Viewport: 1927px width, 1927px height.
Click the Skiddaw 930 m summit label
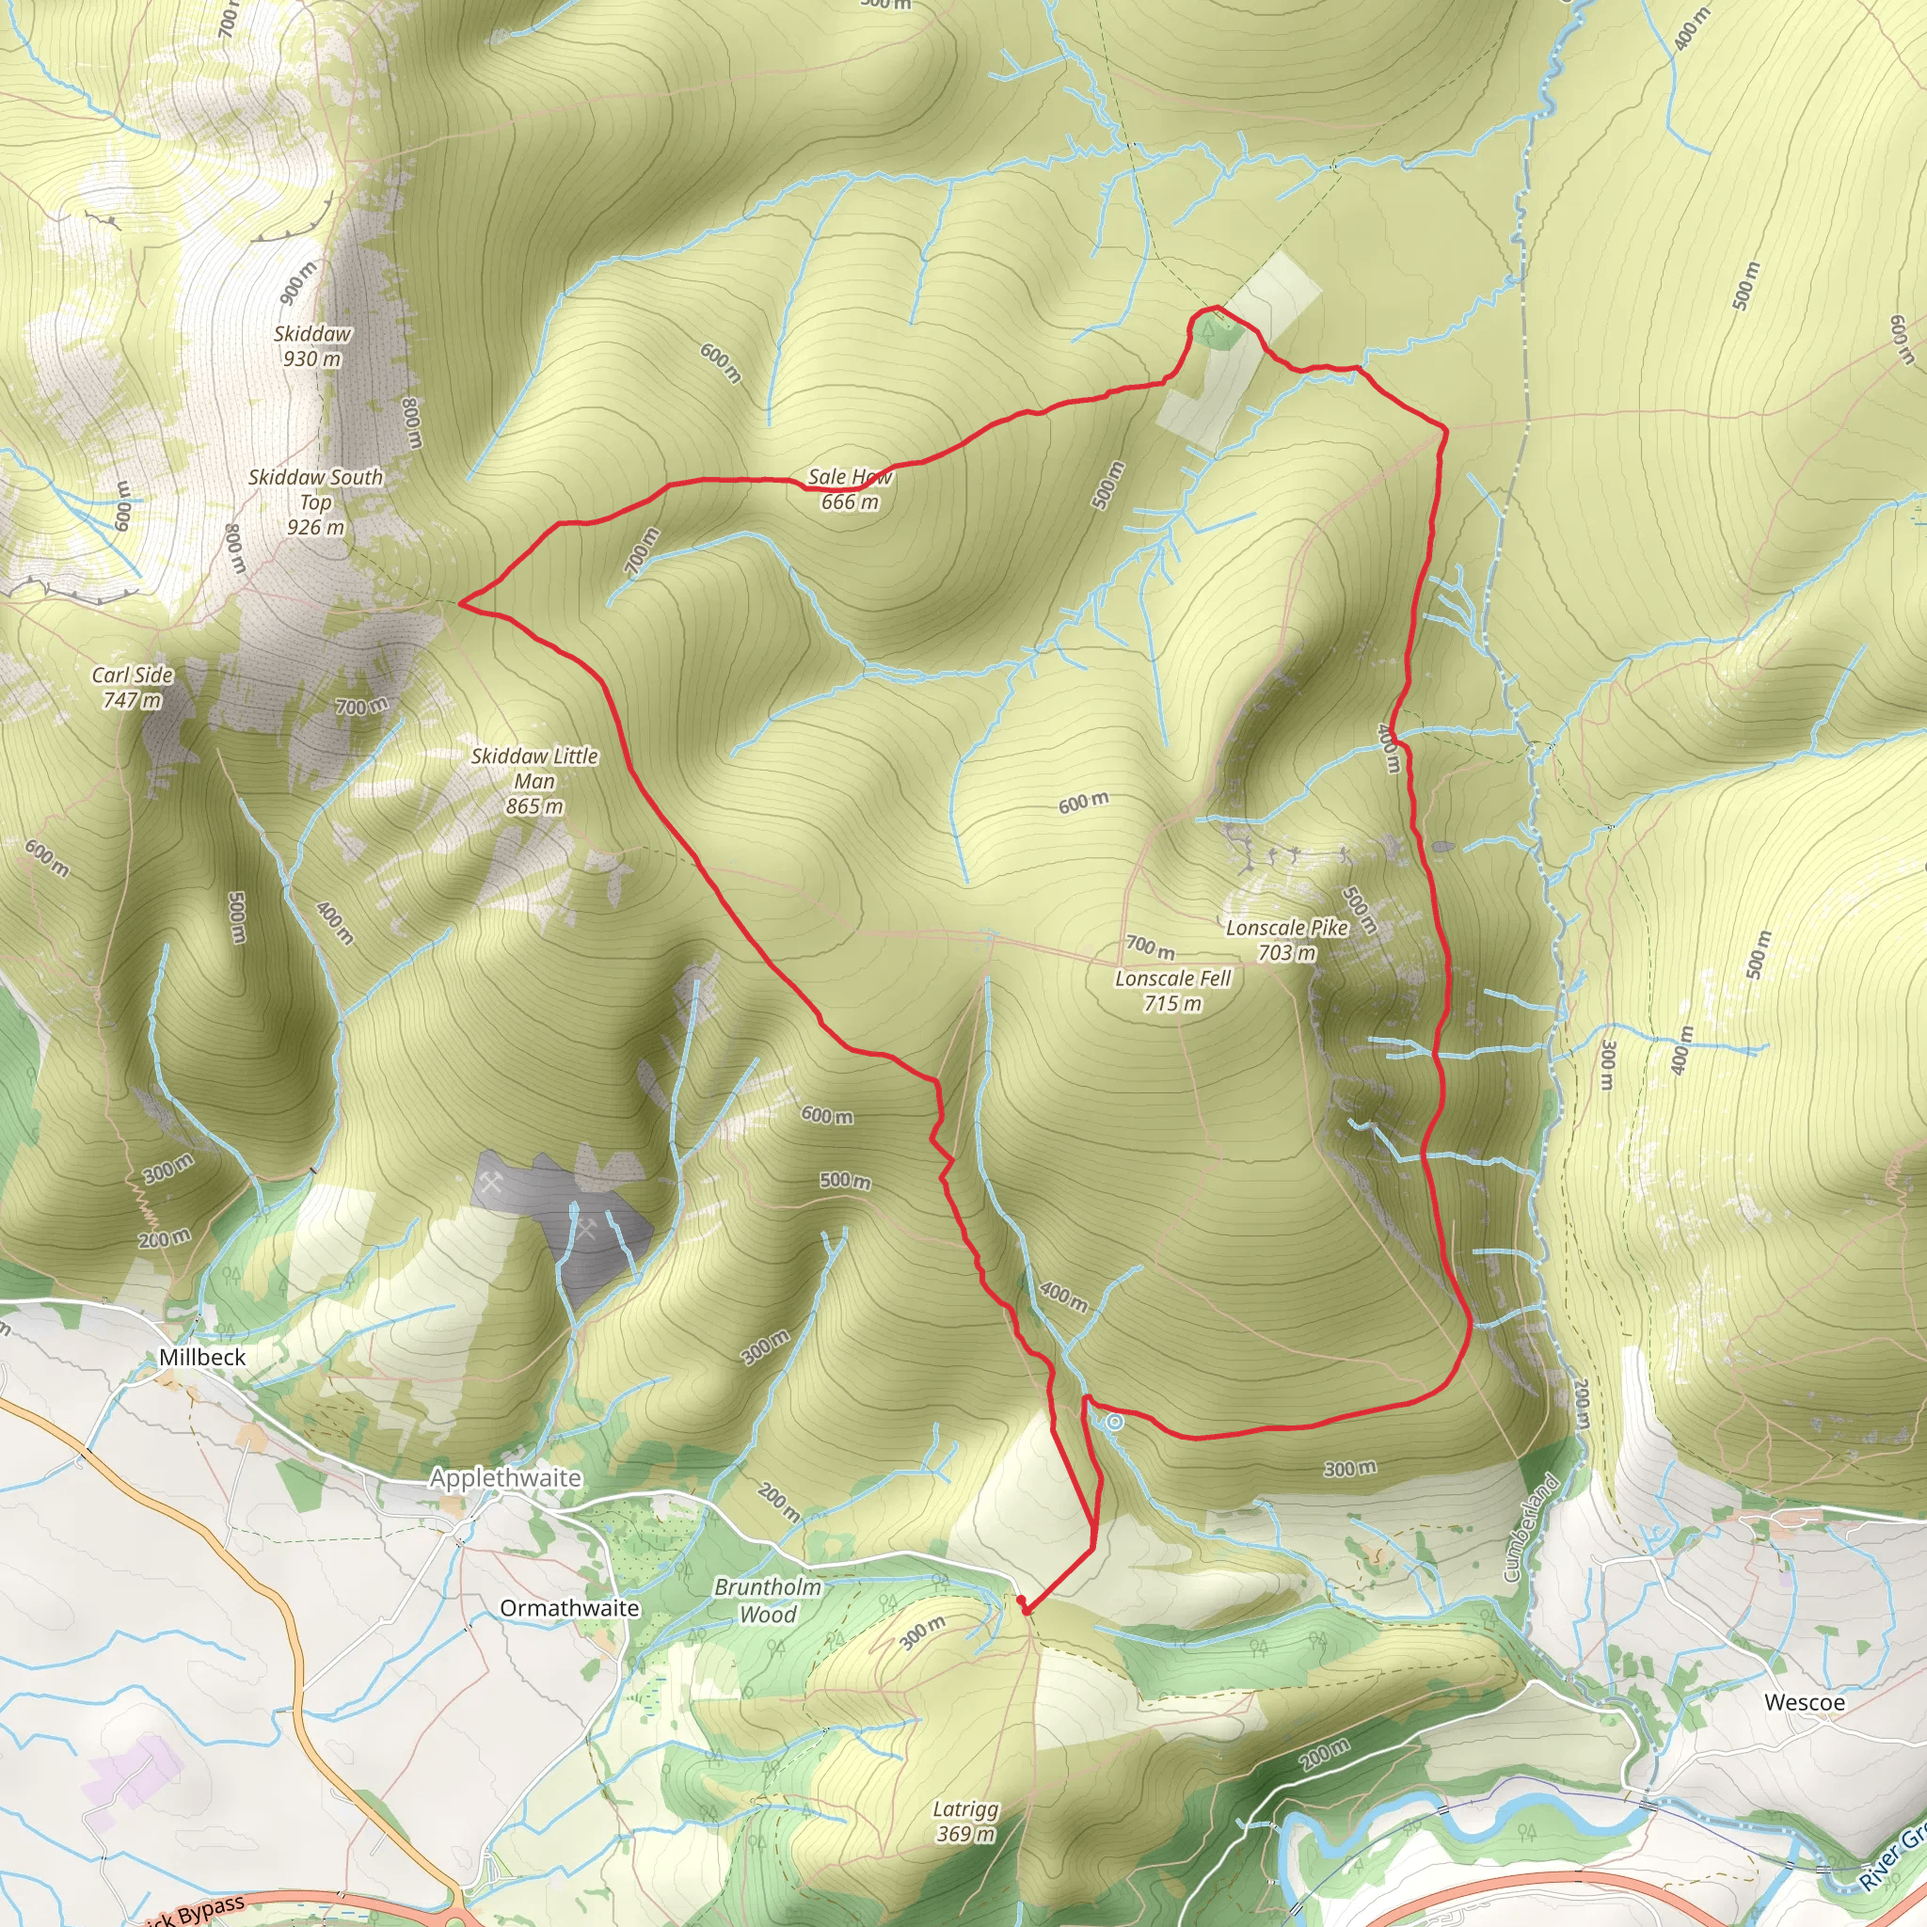(x=312, y=346)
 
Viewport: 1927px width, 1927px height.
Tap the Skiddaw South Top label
(x=315, y=502)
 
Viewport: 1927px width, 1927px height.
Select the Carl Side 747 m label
(x=133, y=687)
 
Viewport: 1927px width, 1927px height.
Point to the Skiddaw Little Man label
(x=534, y=781)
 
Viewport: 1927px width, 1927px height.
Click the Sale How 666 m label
(x=850, y=489)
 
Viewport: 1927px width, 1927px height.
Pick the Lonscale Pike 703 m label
(x=1286, y=940)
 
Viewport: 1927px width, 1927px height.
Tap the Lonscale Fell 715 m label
(x=1173, y=991)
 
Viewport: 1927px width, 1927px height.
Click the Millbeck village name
(x=202, y=1358)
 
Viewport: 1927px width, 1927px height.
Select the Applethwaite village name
(x=505, y=1478)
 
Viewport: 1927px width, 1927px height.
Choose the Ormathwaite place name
(x=569, y=1608)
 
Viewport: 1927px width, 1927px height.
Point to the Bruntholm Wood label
(x=768, y=1601)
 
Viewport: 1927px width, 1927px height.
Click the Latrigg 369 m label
(x=965, y=1822)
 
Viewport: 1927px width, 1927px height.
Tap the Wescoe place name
(x=1805, y=1702)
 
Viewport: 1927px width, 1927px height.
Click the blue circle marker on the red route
(x=1115, y=1424)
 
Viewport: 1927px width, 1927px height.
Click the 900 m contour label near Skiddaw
(x=297, y=282)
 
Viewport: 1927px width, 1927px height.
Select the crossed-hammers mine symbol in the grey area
(x=492, y=1185)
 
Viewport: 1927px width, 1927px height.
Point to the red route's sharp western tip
(x=460, y=602)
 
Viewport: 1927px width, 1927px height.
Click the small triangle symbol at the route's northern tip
(x=1210, y=326)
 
